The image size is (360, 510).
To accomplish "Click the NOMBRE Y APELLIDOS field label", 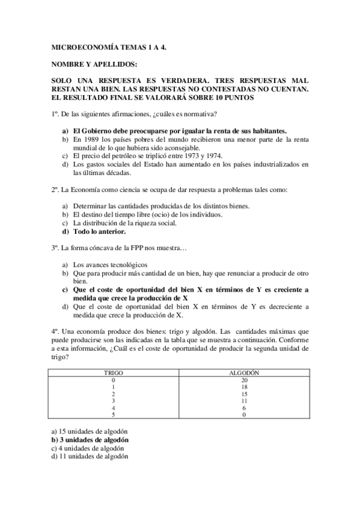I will coord(94,64).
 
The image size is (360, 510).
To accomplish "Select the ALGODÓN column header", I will coord(244,373).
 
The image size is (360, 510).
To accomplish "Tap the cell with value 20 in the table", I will coord(244,381).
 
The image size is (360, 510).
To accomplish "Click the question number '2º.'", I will coord(55,190).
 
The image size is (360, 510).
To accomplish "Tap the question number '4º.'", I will coord(55,331).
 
